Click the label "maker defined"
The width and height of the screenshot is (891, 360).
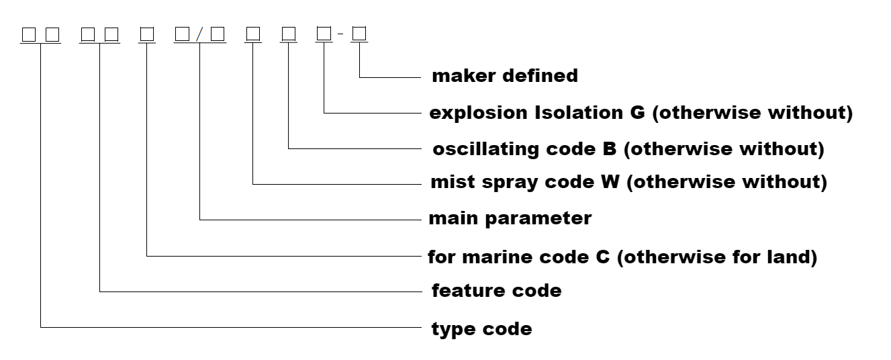(504, 76)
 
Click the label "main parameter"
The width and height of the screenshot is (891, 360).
(510, 218)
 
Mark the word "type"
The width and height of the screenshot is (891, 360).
(453, 330)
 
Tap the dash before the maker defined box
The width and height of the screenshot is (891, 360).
(340, 34)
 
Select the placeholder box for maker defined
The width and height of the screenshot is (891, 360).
(359, 33)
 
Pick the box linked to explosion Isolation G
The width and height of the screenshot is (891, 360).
(324, 33)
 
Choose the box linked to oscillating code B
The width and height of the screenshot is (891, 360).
(288, 33)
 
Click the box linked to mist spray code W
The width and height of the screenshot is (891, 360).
(252, 33)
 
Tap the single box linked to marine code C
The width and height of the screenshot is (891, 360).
(146, 33)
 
